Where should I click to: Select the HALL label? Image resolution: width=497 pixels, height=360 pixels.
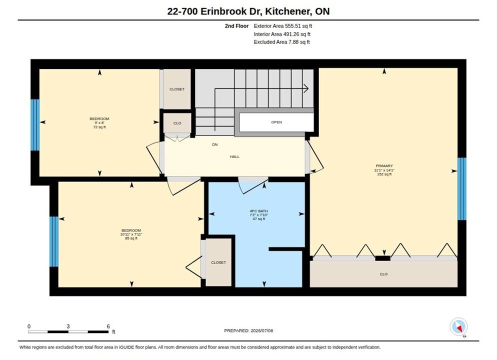[x=234, y=156]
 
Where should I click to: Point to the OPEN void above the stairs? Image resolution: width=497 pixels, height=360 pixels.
[x=276, y=122]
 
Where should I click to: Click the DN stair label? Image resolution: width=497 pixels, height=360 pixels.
[x=215, y=144]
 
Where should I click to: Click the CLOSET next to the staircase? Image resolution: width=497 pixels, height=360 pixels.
[x=177, y=89]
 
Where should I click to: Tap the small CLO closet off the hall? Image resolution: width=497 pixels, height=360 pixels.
[x=177, y=123]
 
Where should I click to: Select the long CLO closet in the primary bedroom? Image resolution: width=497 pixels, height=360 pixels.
[x=383, y=274]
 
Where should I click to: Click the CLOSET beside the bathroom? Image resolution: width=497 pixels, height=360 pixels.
[x=218, y=262]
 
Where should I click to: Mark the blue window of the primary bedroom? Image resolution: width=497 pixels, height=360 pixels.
[x=462, y=189]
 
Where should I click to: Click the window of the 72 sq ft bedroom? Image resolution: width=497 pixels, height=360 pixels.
[x=35, y=125]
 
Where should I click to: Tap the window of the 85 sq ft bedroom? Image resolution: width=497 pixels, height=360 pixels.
[x=54, y=242]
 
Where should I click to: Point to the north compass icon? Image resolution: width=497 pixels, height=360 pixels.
[x=458, y=326]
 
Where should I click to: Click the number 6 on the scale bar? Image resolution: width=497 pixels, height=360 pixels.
[x=108, y=326]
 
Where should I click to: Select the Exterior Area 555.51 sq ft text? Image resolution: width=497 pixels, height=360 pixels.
[x=282, y=26]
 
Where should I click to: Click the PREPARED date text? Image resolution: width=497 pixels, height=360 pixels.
[x=248, y=330]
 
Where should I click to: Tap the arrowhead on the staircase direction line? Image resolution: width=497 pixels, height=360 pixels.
[x=306, y=88]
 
